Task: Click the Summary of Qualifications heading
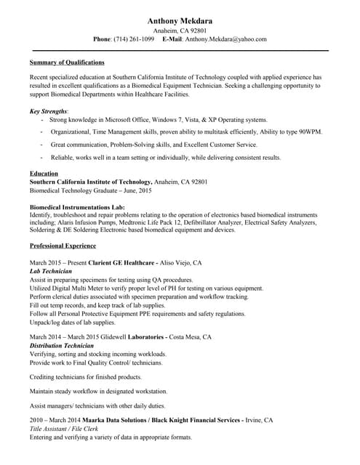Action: pyautogui.click(x=67, y=62)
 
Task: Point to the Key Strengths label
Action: pyautogui.click(x=49, y=110)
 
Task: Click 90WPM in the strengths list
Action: pyautogui.click(x=308, y=132)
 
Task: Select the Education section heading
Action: pyautogui.click(x=44, y=173)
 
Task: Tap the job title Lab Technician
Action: pyautogui.click(x=50, y=270)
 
